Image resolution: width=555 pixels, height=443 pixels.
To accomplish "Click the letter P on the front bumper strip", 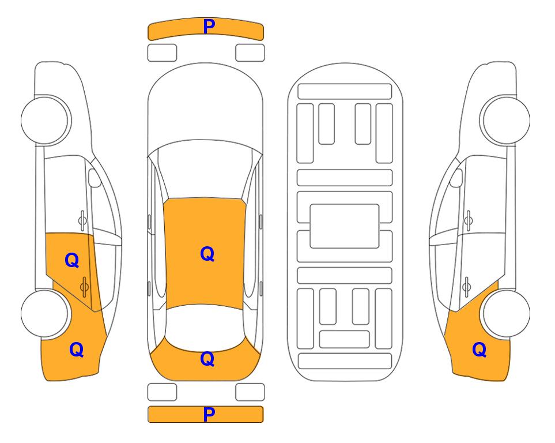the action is (209, 27).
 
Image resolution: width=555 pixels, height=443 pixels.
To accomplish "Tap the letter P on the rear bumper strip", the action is (209, 414).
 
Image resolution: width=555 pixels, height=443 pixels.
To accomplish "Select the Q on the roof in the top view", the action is (207, 254).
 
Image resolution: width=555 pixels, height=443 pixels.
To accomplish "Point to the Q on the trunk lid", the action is (207, 359).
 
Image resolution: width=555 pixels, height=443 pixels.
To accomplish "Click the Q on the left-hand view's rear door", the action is (72, 261).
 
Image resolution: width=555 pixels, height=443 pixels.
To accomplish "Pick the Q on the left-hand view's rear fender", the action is (77, 350).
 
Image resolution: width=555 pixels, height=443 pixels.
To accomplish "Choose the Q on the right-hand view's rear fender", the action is (480, 350).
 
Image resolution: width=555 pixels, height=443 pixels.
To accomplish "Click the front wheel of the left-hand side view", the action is (45, 121).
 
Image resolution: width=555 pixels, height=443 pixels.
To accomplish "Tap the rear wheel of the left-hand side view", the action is (45, 314).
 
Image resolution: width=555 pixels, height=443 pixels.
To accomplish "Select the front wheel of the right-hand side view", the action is (506, 121).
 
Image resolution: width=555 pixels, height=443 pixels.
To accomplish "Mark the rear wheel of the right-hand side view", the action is (506, 314).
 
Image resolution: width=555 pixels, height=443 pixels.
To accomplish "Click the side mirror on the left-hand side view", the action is (94, 178).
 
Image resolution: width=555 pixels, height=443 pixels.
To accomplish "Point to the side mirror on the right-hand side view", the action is (456, 178).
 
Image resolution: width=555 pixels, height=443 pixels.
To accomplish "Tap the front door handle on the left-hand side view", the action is (82, 220).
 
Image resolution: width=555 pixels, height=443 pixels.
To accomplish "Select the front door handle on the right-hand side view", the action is (469, 220).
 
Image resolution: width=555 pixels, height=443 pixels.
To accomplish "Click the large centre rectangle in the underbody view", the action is (345, 226).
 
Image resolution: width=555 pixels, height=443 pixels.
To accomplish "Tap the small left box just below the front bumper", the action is (162, 53).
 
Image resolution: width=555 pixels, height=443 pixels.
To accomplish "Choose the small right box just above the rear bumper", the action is (250, 392).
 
